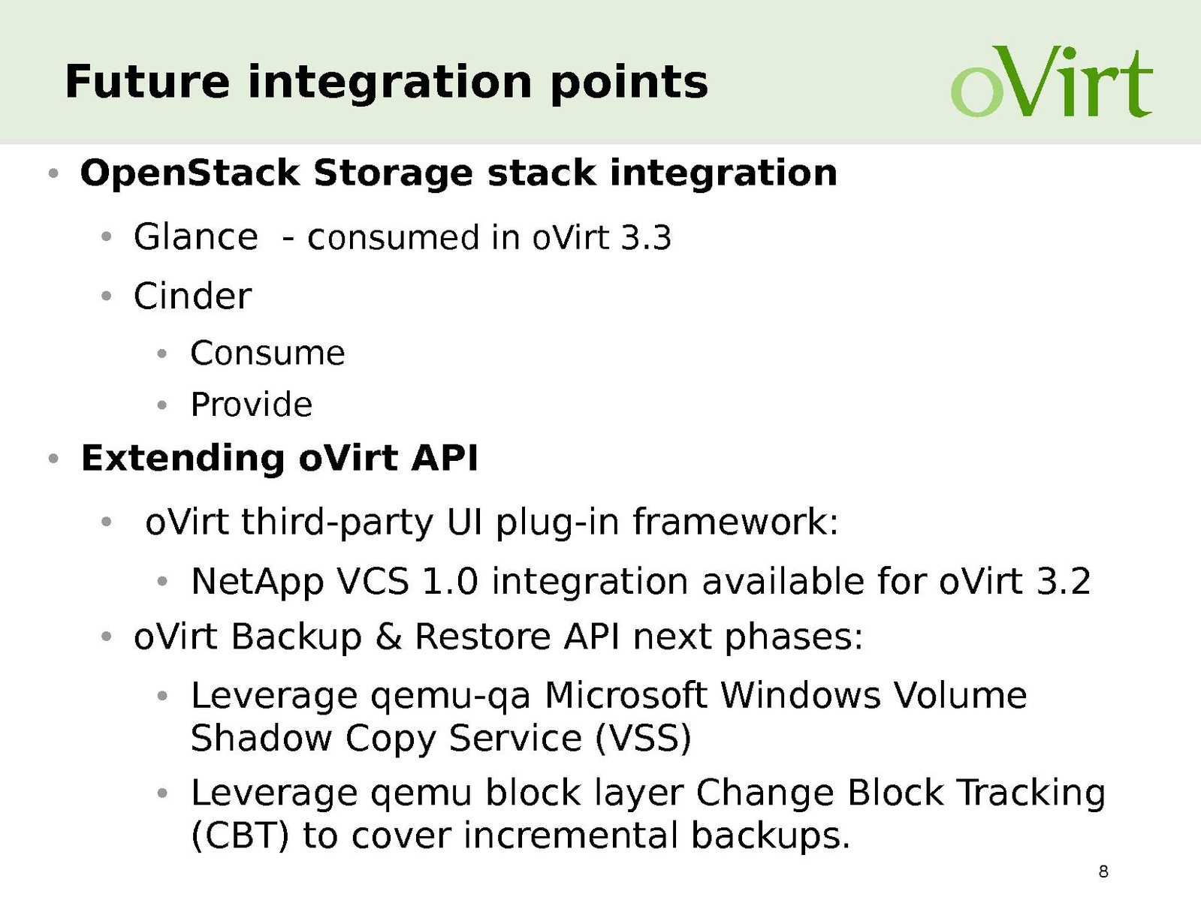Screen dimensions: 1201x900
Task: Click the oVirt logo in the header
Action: pyautogui.click(x=1052, y=82)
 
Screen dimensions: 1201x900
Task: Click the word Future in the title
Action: pyautogui.click(x=147, y=82)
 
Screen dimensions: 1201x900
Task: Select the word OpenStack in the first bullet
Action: pyautogui.click(x=190, y=174)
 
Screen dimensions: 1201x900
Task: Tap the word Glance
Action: pyautogui.click(x=195, y=237)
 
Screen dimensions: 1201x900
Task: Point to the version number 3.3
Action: pyautogui.click(x=646, y=239)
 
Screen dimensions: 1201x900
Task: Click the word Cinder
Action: pyautogui.click(x=192, y=296)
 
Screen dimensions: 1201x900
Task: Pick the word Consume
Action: pyautogui.click(x=267, y=354)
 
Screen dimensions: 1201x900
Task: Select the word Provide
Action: pyautogui.click(x=251, y=405)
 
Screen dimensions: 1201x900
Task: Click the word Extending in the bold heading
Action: pyautogui.click(x=183, y=458)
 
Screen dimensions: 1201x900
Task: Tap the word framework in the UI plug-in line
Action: pyautogui.click(x=735, y=522)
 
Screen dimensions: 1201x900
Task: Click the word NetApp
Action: pyautogui.click(x=257, y=582)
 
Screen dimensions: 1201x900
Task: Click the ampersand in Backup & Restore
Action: pyautogui.click(x=388, y=637)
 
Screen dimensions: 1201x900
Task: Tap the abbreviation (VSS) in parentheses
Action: pyautogui.click(x=643, y=739)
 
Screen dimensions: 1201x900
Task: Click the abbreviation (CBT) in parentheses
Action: pyautogui.click(x=239, y=835)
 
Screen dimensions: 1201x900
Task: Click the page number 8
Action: pyautogui.click(x=1103, y=871)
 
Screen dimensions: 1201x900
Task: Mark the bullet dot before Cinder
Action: pyautogui.click(x=106, y=296)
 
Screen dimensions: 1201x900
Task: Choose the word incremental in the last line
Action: pyautogui.click(x=570, y=836)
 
